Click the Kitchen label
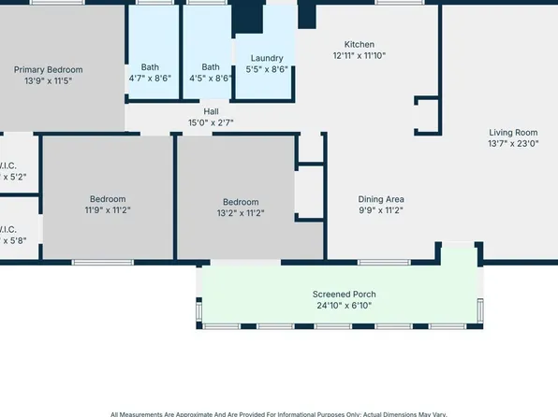click(x=359, y=44)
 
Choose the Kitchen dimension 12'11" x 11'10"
click(x=359, y=56)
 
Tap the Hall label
click(x=211, y=110)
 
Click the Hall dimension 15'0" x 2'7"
click(x=211, y=122)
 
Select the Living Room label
click(x=513, y=132)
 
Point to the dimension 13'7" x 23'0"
click(x=513, y=144)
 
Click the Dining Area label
click(x=381, y=198)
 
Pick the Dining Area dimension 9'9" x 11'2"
click(x=381, y=210)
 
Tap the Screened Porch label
click(x=344, y=294)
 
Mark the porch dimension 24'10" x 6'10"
click(x=344, y=306)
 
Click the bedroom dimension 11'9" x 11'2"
click(x=108, y=210)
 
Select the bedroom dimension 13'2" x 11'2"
click(x=241, y=214)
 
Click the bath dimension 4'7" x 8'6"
click(x=150, y=79)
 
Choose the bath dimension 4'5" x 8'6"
click(x=211, y=79)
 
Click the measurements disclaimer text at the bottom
click(x=279, y=413)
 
